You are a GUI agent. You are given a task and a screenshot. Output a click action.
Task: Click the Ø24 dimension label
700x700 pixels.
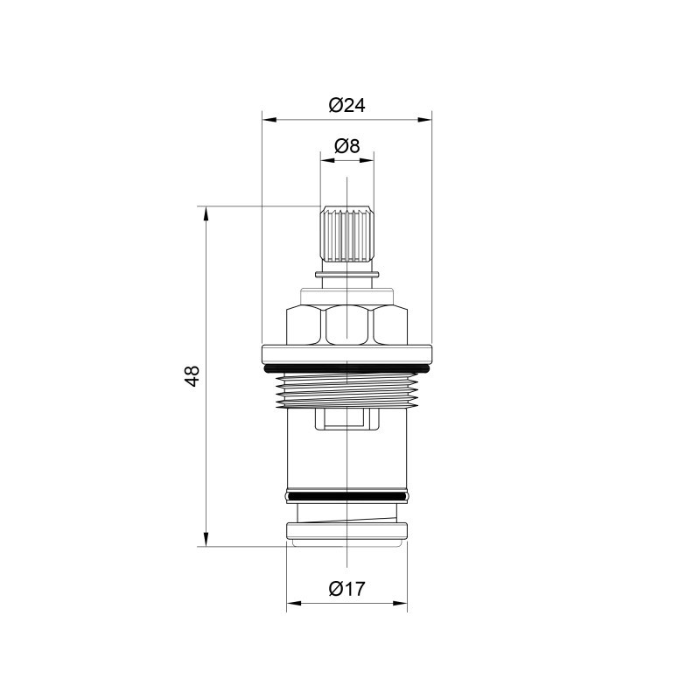pos(346,105)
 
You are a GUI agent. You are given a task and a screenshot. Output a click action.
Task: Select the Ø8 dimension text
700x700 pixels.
pos(346,145)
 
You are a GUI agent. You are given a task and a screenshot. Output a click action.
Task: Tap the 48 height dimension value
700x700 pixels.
pos(192,376)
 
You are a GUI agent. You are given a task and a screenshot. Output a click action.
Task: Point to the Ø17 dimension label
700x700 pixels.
pos(346,588)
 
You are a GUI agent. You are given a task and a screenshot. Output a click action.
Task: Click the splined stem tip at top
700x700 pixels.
pos(346,234)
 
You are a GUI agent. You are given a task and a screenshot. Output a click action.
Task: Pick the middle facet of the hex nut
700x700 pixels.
pos(346,325)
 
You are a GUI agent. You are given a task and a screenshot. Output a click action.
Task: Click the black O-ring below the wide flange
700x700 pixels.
pos(346,368)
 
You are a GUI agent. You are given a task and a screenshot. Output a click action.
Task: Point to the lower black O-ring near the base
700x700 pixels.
pos(346,496)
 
